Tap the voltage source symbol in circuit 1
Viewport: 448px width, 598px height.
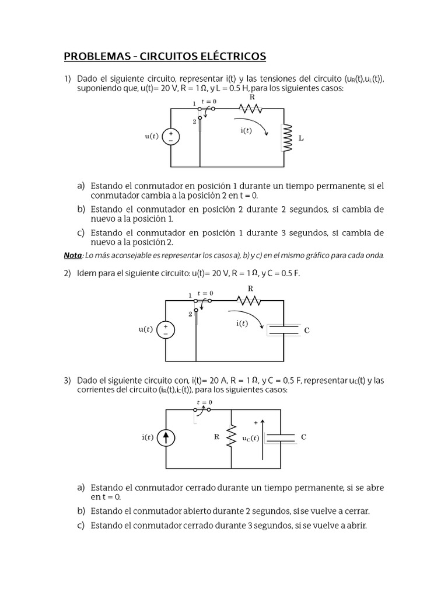tap(171, 137)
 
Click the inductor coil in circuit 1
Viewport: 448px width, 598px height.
tap(286, 137)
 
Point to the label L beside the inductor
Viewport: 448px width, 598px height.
tap(301, 139)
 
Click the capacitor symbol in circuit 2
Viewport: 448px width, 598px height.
tap(284, 330)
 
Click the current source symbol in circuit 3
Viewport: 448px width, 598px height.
tap(166, 437)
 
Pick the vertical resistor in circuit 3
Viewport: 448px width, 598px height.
tap(232, 437)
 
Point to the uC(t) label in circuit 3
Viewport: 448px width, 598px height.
tap(251, 438)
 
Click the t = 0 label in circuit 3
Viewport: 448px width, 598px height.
tap(204, 402)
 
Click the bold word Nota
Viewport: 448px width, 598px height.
tap(72, 255)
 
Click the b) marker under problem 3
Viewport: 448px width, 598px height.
tap(81, 511)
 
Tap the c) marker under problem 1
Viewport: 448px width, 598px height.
tap(81, 232)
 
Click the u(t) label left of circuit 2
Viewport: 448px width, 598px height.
tap(145, 329)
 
